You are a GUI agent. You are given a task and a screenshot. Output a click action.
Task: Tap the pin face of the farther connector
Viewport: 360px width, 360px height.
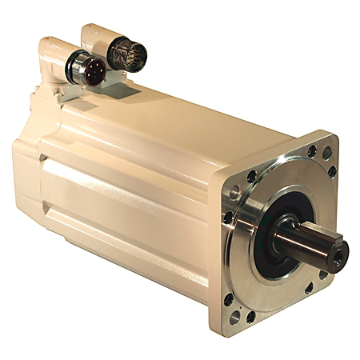[x=125, y=53]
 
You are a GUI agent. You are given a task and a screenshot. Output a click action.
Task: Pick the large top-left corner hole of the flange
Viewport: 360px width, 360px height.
[x=234, y=192]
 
